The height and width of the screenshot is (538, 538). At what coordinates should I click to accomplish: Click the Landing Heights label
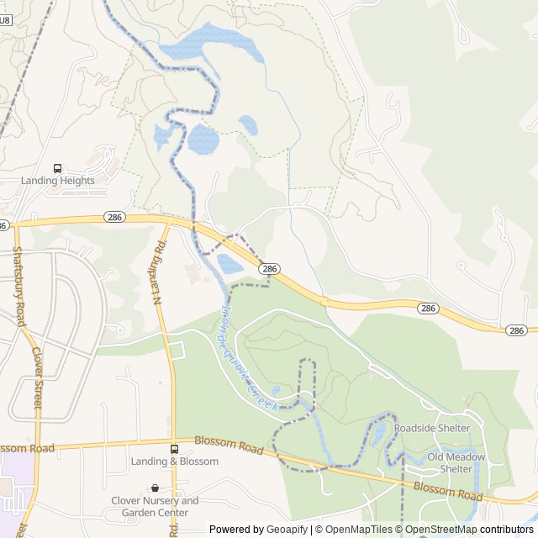tap(58, 180)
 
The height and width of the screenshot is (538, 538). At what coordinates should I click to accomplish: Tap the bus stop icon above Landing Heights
tap(58, 168)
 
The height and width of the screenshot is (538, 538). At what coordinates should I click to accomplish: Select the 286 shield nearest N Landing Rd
tap(116, 217)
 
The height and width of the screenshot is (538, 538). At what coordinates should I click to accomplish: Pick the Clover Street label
tap(37, 379)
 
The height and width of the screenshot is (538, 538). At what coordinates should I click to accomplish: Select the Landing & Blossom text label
tap(174, 462)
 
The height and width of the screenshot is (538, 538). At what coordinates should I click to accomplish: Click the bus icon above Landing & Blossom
tap(174, 449)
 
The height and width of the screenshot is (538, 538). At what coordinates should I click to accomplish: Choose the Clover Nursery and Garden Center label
tap(155, 506)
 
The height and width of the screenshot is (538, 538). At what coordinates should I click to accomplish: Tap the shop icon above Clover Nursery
tap(155, 488)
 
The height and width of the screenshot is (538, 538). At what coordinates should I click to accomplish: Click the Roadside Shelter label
tap(431, 428)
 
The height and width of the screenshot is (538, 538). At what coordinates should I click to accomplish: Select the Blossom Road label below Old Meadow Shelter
tap(448, 491)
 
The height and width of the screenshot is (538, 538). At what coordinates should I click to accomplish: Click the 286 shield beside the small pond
tap(269, 268)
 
